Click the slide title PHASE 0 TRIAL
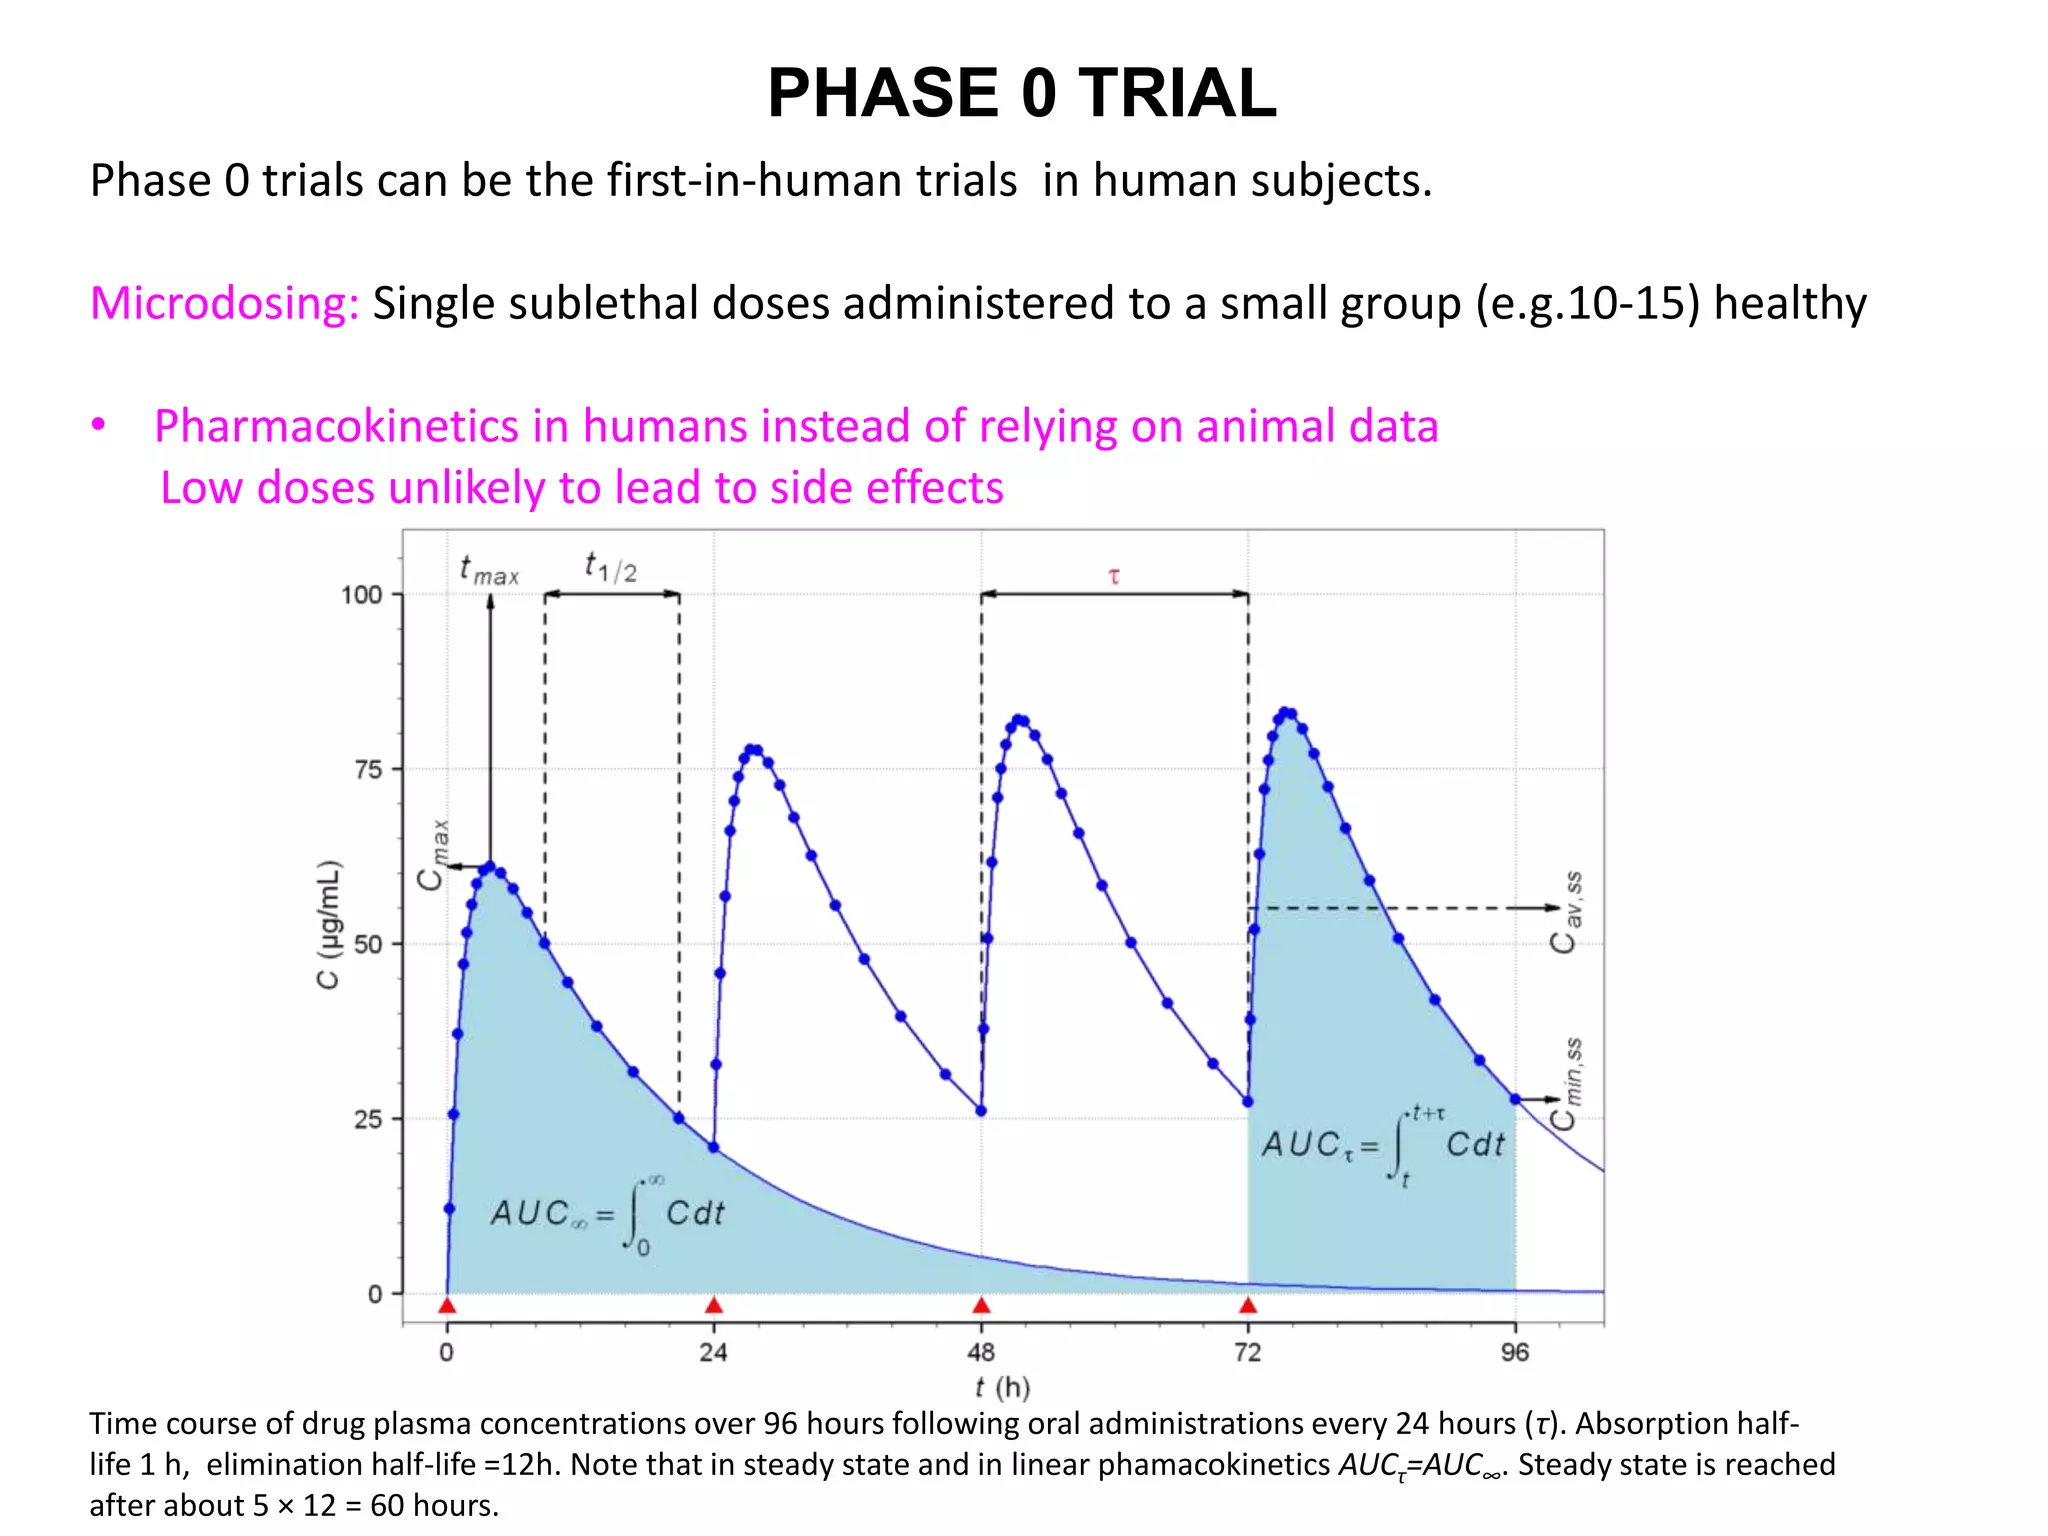click(1021, 93)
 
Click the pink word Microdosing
click(224, 303)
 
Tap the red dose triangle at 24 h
click(714, 1306)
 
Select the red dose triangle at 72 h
click(1248, 1306)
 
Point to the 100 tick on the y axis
click(362, 595)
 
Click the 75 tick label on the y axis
click(368, 770)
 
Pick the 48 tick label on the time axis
click(981, 1353)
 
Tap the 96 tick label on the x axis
click(1515, 1353)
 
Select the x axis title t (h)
click(1002, 1387)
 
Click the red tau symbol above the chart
click(1114, 577)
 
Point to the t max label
click(489, 571)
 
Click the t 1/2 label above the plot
click(611, 568)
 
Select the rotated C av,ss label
click(1566, 912)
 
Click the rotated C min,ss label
click(1566, 1083)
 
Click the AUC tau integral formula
click(1382, 1145)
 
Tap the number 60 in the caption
click(386, 1505)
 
